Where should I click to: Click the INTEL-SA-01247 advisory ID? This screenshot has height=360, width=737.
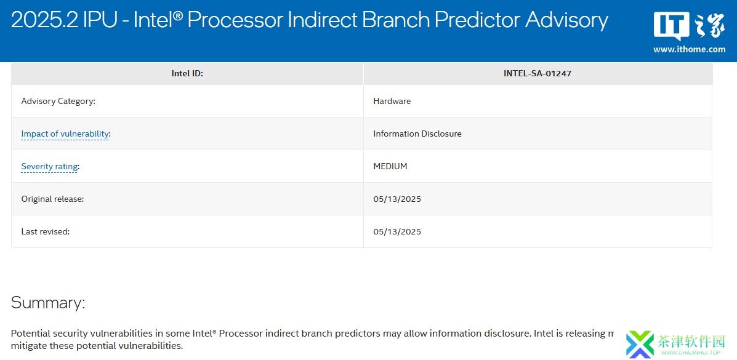tap(538, 73)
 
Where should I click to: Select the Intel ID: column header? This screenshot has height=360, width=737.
tap(187, 73)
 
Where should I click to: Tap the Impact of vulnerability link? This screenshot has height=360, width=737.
tap(65, 134)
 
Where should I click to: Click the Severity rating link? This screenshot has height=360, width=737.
tap(49, 166)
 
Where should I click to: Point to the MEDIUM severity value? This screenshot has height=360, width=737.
tap(390, 166)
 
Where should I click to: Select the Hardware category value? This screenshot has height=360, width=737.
tap(392, 101)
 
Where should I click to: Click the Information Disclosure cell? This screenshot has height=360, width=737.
tap(417, 134)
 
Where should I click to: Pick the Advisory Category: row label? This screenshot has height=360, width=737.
tap(58, 101)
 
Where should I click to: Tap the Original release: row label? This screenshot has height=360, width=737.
tap(53, 199)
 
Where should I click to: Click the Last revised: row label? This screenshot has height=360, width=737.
tap(46, 232)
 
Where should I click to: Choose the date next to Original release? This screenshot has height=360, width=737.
tap(397, 199)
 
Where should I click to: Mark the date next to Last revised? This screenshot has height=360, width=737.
tap(397, 232)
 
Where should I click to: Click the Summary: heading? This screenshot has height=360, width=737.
tap(48, 303)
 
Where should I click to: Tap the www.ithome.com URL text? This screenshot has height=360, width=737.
tap(689, 49)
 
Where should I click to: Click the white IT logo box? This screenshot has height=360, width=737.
tap(672, 25)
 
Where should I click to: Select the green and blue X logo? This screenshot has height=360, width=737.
tap(640, 343)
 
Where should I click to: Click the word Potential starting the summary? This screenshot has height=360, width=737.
tap(28, 334)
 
